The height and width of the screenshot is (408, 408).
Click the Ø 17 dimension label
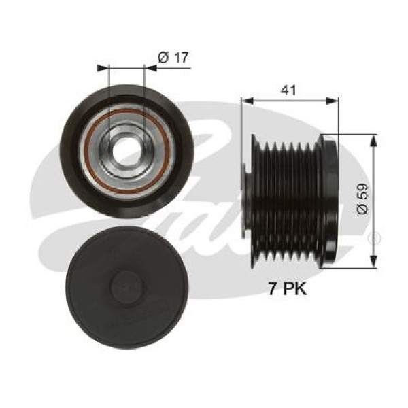(173, 58)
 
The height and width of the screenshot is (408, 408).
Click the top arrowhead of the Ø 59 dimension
(373, 138)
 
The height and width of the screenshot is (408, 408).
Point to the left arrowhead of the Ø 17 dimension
(103, 67)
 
